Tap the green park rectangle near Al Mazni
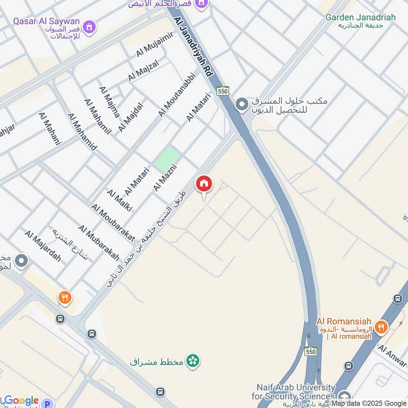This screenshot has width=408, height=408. point(168,159)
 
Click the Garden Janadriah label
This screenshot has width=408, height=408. point(361,17)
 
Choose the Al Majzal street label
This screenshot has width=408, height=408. point(144,70)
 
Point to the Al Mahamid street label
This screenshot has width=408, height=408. point(82,131)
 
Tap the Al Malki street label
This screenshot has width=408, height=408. point(119,200)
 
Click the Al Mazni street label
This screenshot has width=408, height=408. point(165,177)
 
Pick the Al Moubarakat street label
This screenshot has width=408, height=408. point(113,222)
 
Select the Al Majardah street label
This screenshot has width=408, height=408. point(42,246)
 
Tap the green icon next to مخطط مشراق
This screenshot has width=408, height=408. point(193,361)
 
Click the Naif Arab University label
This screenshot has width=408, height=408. point(293,392)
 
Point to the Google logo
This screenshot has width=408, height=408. point(21,400)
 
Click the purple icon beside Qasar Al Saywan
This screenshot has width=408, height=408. point(90,25)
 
